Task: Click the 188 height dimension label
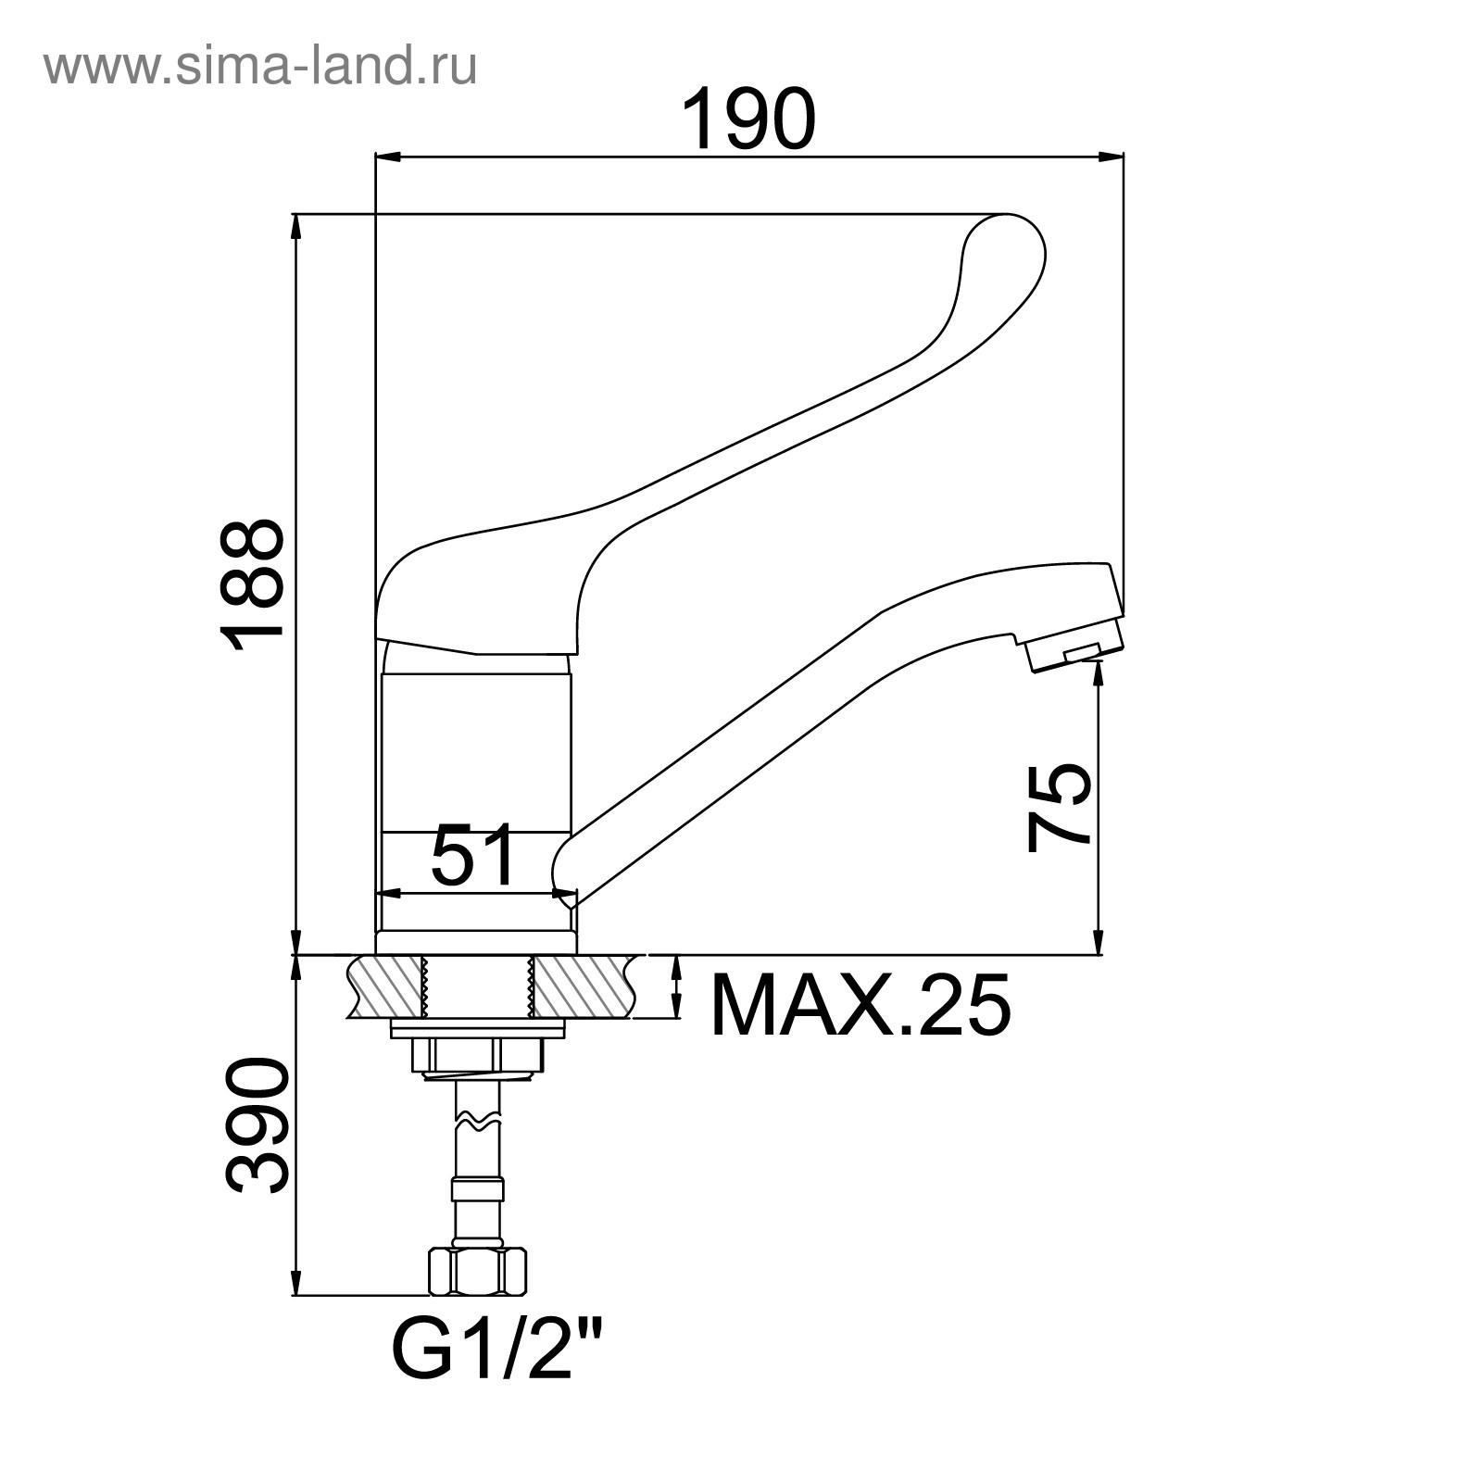[x=251, y=585]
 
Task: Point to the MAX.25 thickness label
[x=860, y=1005]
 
